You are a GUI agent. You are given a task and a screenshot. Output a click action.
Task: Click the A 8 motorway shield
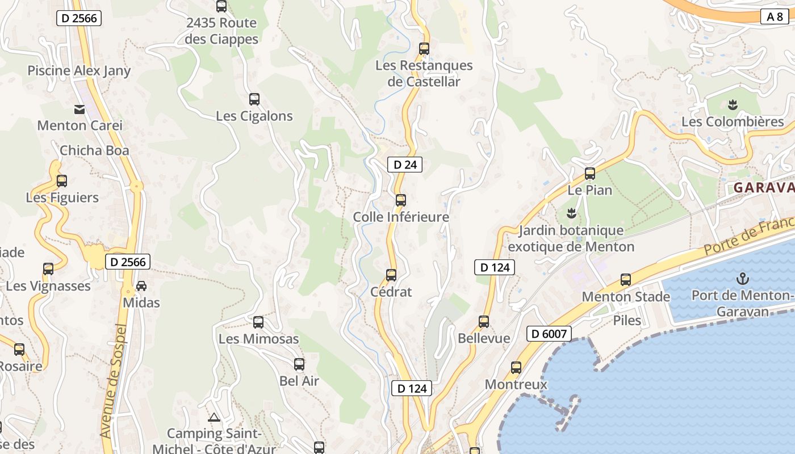(x=775, y=16)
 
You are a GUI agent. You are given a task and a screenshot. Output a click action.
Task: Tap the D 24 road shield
(x=405, y=165)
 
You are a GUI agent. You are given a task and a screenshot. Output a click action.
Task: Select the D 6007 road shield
(x=549, y=334)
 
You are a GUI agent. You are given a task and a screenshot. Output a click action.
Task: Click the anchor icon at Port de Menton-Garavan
(x=742, y=279)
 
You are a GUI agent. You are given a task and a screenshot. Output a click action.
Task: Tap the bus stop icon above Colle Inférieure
(x=401, y=200)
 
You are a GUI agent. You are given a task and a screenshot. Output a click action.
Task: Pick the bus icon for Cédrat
(x=391, y=275)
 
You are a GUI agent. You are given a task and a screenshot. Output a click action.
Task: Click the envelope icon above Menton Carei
(x=79, y=110)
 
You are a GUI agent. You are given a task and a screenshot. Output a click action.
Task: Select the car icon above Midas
(x=141, y=286)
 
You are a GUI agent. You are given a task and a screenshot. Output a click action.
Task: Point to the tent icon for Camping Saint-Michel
(x=214, y=418)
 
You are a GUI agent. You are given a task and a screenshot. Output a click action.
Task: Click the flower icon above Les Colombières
(x=733, y=105)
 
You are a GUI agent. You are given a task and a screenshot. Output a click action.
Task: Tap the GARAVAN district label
(x=763, y=188)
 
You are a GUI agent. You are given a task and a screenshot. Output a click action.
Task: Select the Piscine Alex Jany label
(x=79, y=71)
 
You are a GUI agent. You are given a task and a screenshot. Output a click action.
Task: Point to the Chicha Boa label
(x=94, y=150)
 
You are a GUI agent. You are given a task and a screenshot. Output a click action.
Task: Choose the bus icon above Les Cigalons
(x=254, y=99)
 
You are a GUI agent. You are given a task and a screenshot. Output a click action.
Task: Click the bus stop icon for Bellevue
(x=484, y=322)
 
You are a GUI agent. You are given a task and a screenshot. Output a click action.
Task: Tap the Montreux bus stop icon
(x=516, y=368)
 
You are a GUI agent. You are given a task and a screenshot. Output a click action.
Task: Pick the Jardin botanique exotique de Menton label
(x=571, y=239)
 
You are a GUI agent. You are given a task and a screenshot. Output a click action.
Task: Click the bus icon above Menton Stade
(x=626, y=279)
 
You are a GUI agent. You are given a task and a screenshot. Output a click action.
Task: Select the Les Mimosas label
(x=258, y=339)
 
